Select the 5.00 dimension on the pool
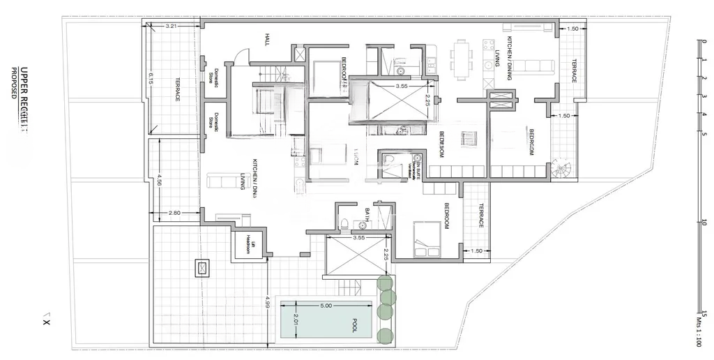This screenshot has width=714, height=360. [326, 306]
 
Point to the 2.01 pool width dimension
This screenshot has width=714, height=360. [296, 320]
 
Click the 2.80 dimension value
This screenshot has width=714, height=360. [175, 212]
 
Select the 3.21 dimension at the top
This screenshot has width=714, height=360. [172, 26]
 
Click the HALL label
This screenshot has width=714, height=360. [267, 39]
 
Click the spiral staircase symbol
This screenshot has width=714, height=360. [561, 168]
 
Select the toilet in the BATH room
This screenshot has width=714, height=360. [344, 223]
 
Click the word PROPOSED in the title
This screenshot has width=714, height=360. [13, 82]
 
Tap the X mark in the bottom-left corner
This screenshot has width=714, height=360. [46, 322]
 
